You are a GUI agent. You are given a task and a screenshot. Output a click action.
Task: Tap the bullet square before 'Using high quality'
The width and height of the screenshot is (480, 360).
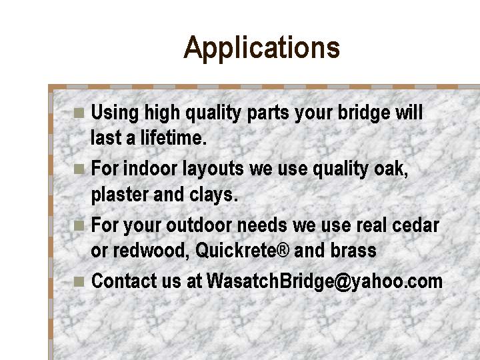tap(79, 113)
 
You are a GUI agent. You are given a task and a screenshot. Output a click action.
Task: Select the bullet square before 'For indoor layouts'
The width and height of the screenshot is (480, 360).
tap(79, 169)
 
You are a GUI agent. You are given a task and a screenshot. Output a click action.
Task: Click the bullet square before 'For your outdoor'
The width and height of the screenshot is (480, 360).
tap(79, 225)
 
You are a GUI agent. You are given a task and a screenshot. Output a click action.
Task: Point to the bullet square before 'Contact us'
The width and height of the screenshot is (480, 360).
tap(79, 281)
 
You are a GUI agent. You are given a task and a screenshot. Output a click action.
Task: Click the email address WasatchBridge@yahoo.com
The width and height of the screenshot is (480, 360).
tap(325, 281)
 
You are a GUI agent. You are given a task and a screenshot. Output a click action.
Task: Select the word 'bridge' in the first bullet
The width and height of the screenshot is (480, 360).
tap(364, 113)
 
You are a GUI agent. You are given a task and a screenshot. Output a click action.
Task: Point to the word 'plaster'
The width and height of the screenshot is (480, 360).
tap(120, 195)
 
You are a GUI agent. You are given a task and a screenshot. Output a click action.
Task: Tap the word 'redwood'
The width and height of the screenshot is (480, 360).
tap(149, 251)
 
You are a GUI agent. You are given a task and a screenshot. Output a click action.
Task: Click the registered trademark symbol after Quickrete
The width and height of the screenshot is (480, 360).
tap(283, 250)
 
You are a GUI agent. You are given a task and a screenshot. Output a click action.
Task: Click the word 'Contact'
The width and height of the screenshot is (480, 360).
tap(124, 281)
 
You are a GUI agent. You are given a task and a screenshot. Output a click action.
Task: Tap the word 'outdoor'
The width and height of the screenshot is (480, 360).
tap(199, 225)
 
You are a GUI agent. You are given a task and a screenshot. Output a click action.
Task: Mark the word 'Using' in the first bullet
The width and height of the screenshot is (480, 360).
tap(115, 113)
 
